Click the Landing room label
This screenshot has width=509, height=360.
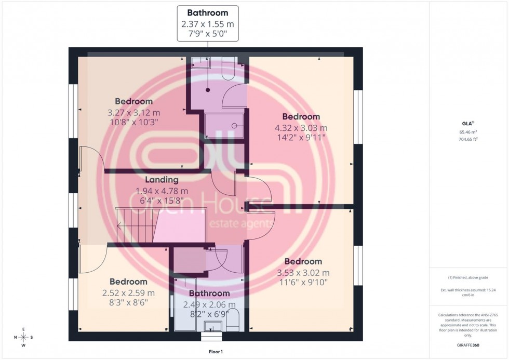pos(162,180)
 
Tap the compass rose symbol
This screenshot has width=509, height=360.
pos(24,337)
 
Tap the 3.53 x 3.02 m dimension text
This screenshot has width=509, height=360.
pos(303,272)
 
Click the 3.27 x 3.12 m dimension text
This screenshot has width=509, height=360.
pos(133,112)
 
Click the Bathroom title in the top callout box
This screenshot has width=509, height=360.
pos(207,12)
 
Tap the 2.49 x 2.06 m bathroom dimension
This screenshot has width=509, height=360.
pos(210,305)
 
